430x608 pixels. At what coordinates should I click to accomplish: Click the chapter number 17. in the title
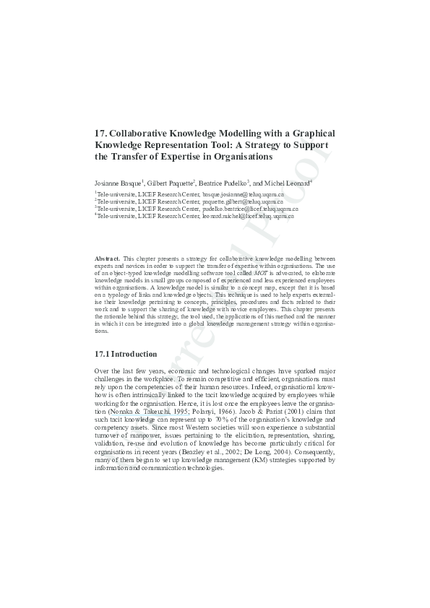coord(102,134)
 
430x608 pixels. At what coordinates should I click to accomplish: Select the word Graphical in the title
coord(311,134)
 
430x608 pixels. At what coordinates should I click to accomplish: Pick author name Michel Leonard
coord(287,183)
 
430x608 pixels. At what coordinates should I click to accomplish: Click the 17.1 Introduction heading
coord(126,355)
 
